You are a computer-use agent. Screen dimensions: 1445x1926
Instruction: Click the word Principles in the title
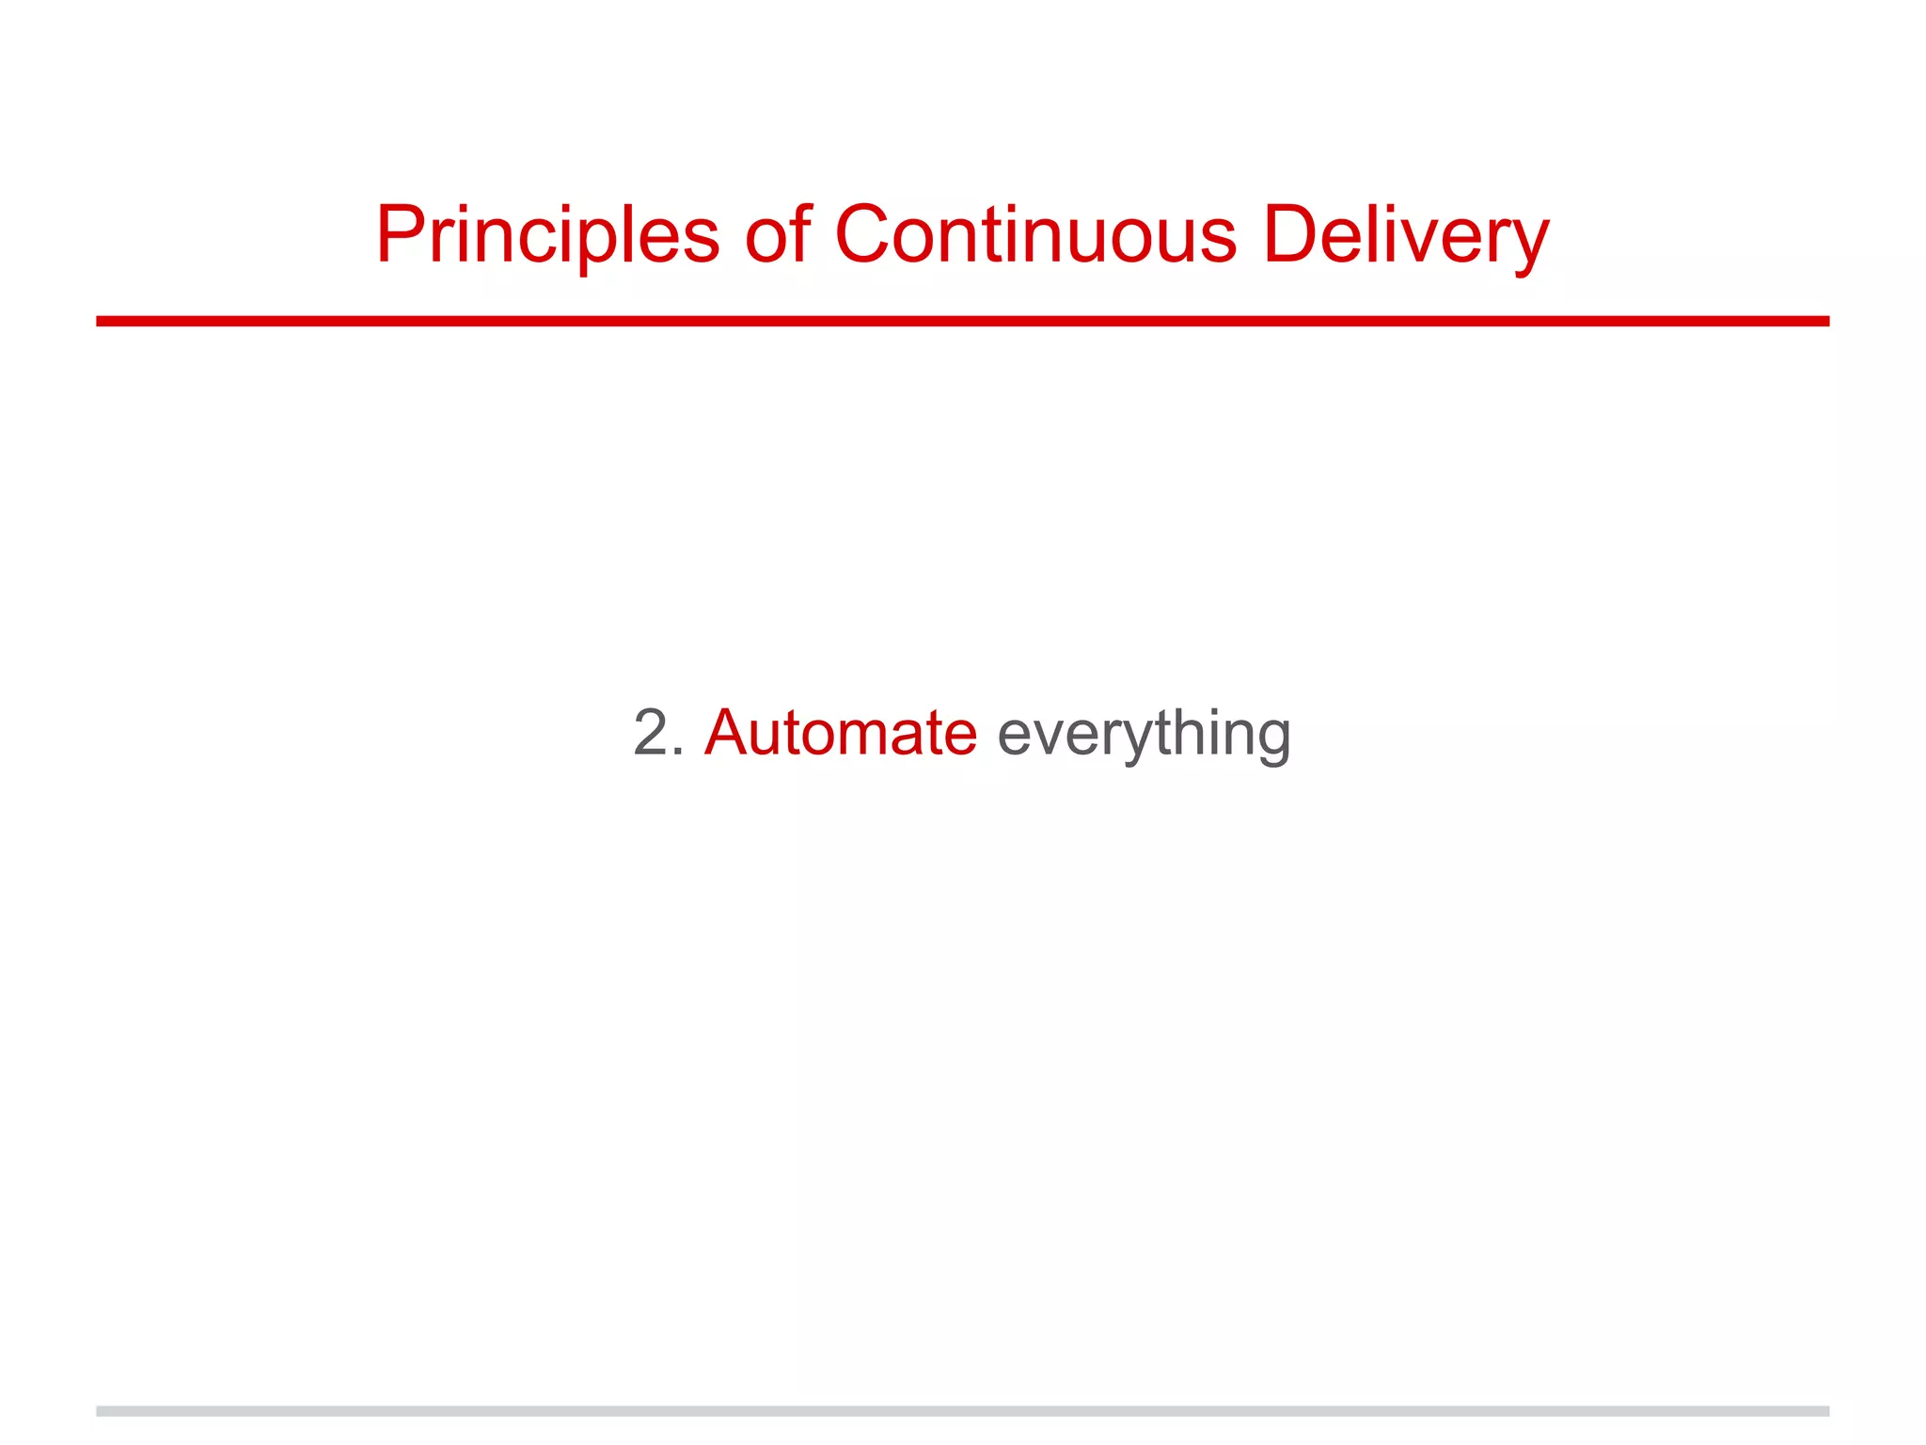(x=547, y=235)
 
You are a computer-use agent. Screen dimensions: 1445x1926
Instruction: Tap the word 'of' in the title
(x=778, y=235)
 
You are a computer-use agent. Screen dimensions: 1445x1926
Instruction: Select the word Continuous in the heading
(x=1035, y=235)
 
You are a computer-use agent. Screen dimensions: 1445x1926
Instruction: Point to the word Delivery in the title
(x=1405, y=235)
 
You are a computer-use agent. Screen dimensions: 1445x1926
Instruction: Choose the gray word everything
(x=1144, y=736)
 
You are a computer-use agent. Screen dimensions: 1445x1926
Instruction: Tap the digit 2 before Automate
(x=651, y=733)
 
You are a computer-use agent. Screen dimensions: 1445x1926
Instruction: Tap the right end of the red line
(x=1826, y=322)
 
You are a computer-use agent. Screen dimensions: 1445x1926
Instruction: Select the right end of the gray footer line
(x=1826, y=1411)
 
